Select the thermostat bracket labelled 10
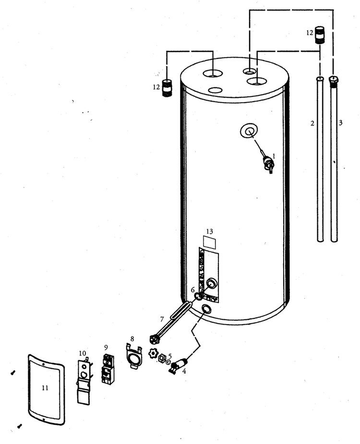[x=84, y=381]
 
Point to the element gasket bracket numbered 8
[x=133, y=356]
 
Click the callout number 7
[x=162, y=319]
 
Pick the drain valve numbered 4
[x=179, y=365]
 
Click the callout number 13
[x=209, y=231]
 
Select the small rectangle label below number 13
[x=209, y=243]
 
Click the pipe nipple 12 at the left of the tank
[x=167, y=88]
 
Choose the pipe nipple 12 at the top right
[x=320, y=35]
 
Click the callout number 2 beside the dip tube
[x=312, y=123]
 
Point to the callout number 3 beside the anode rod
[x=340, y=123]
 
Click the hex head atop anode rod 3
[x=334, y=80]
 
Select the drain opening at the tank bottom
[x=205, y=309]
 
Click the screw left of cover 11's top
[x=13, y=373]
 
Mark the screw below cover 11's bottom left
[x=20, y=426]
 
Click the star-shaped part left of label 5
[x=153, y=354]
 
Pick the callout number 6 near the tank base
[x=193, y=290]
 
